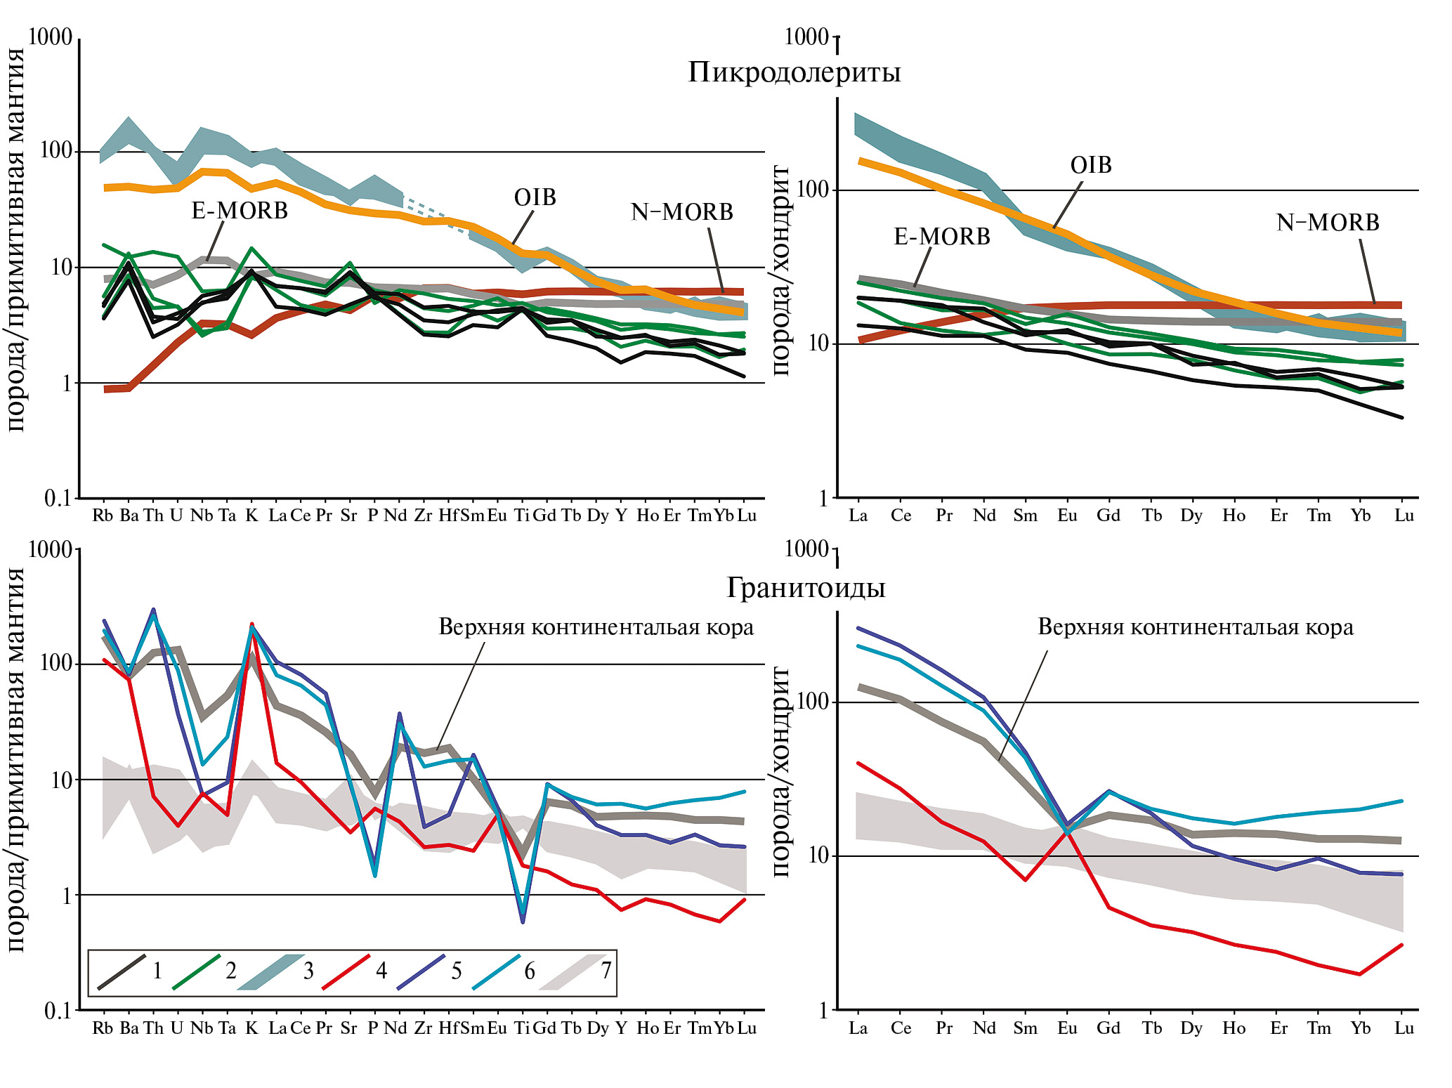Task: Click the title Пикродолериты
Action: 794,72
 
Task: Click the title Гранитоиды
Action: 805,588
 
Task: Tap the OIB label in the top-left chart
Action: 535,198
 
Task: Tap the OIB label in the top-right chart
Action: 1090,165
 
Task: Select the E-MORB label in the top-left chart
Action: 240,211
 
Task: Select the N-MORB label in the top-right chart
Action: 1327,223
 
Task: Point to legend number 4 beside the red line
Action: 381,971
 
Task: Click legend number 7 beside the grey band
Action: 606,971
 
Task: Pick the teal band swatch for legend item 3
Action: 270,972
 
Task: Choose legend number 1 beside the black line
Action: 157,971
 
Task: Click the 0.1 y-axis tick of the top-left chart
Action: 58,498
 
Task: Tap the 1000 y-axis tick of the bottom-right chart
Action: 806,549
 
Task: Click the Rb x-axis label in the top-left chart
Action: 103,516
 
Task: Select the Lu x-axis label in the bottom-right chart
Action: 1404,1028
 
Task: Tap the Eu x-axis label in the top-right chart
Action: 1067,516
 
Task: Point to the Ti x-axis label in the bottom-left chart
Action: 521,1028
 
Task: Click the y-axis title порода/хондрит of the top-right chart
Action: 780,270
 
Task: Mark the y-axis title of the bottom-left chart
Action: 15,759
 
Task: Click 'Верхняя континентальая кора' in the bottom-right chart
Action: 1195,627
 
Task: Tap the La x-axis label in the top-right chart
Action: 858,516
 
